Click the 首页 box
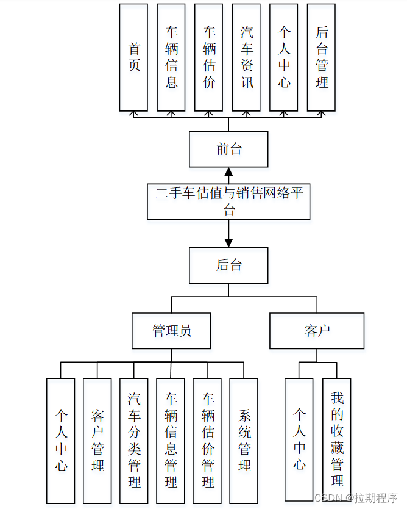(x=133, y=57)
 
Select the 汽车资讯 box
(x=246, y=57)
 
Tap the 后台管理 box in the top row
(x=321, y=57)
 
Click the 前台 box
(x=228, y=149)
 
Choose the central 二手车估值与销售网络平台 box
(x=228, y=201)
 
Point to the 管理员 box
(x=171, y=331)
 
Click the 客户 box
(x=317, y=331)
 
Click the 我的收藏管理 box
(x=336, y=439)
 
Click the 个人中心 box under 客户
(x=299, y=439)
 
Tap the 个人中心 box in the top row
(x=284, y=57)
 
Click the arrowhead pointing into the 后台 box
(x=228, y=242)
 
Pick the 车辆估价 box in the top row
(x=209, y=57)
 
